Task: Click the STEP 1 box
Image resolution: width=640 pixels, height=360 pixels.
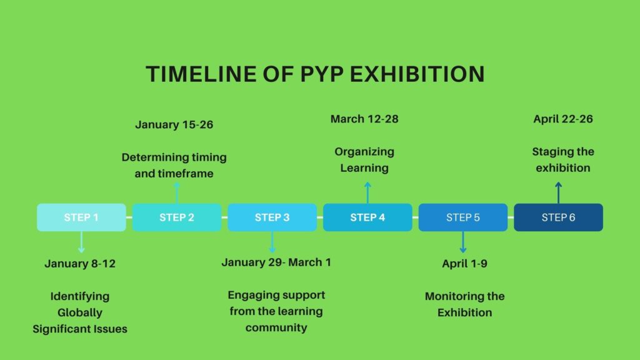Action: click(81, 217)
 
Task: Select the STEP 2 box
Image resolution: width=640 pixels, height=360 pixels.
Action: click(177, 217)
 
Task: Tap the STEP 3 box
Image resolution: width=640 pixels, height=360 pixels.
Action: click(272, 217)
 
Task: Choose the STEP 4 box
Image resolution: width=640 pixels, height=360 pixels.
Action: click(367, 217)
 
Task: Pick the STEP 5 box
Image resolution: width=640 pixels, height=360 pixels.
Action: click(463, 217)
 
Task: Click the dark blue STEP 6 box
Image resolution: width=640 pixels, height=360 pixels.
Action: click(558, 217)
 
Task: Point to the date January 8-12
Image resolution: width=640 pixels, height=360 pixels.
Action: click(80, 264)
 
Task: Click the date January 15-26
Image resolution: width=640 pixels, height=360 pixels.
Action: click(174, 124)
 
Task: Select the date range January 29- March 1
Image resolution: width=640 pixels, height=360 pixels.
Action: click(276, 262)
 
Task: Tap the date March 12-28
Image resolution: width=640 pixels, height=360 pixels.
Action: click(364, 119)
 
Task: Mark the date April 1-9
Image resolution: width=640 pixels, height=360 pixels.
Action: click(465, 264)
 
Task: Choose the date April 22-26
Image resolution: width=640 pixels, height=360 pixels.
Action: click(563, 119)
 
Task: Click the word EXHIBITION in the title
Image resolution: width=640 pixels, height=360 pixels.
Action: click(417, 74)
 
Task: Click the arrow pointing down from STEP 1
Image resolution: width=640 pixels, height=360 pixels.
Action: click(81, 242)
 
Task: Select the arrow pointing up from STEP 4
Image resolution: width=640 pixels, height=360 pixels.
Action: click(367, 192)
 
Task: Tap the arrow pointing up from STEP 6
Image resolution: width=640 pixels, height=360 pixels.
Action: click(558, 192)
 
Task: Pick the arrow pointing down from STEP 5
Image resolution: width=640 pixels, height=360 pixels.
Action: click(463, 242)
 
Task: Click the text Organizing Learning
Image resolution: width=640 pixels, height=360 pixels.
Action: click(364, 159)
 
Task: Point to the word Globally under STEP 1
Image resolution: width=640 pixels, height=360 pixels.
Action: click(80, 312)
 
